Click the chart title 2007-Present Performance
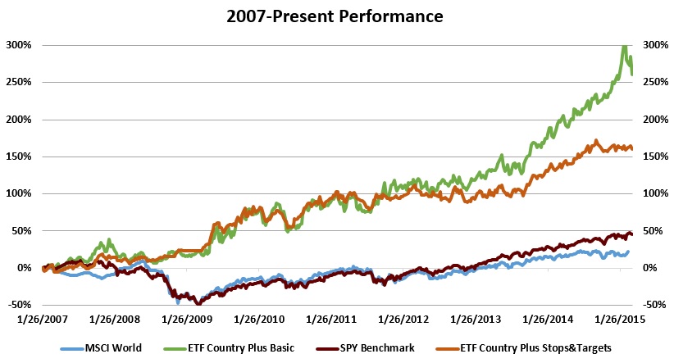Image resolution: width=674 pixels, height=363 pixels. click(x=336, y=15)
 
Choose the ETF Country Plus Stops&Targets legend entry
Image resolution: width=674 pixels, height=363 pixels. click(x=545, y=347)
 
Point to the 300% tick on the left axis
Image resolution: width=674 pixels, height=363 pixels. click(x=19, y=45)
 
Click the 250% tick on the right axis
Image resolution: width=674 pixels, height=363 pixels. click(x=655, y=82)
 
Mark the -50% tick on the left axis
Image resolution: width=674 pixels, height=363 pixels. click(x=19, y=305)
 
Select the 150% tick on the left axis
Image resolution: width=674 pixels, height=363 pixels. click(x=19, y=157)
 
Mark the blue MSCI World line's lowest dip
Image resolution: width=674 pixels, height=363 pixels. click(x=178, y=302)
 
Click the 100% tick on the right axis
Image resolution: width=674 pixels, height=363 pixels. click(x=655, y=193)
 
